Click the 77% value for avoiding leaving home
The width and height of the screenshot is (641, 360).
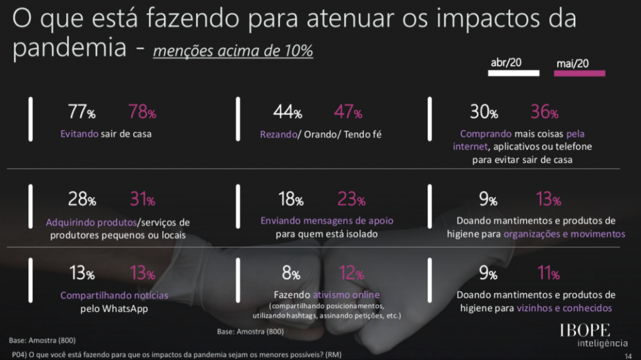click(x=81, y=113)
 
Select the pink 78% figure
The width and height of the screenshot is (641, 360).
click(x=142, y=113)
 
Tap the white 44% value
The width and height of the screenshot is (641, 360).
click(x=288, y=113)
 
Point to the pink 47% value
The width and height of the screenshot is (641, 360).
click(x=348, y=113)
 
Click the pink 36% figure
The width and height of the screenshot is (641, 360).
click(x=544, y=113)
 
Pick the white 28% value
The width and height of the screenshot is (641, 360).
click(x=81, y=200)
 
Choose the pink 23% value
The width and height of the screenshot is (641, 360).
click(x=351, y=200)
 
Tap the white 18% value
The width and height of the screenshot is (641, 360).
click(x=290, y=200)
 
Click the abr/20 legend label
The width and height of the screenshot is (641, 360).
click(x=507, y=63)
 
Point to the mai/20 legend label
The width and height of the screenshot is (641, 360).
click(x=572, y=63)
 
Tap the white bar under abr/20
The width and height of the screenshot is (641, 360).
click(x=513, y=73)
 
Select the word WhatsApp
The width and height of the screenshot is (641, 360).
click(x=123, y=309)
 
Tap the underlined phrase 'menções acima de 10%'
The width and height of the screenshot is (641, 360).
click(x=233, y=50)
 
